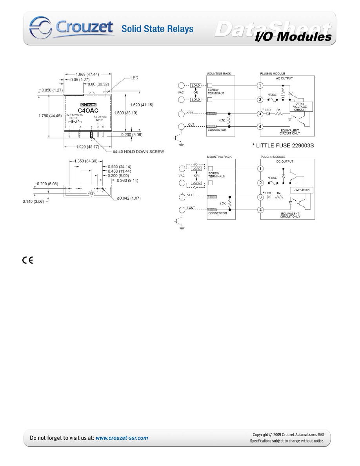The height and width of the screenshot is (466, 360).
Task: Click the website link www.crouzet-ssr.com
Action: (122, 438)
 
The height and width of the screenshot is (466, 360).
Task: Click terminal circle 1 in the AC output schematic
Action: (259, 86)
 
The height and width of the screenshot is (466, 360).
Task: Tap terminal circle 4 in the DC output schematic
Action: (259, 210)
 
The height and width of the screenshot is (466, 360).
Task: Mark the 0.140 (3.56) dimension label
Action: (33, 201)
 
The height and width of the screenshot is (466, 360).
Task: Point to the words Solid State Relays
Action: (157, 29)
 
